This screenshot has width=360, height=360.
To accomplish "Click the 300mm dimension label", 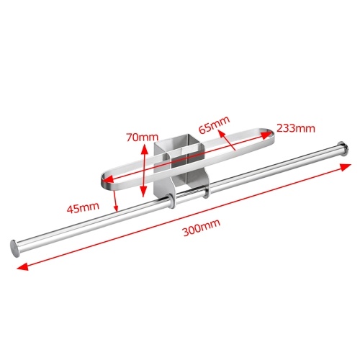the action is [202, 228].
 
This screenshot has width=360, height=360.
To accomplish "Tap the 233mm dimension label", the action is [296, 128].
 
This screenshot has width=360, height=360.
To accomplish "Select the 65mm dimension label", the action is [214, 125].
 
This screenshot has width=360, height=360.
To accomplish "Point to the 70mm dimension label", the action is [143, 138].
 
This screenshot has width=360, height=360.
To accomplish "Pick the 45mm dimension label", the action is [83, 207].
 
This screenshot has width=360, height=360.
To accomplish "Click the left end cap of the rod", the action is [15, 248].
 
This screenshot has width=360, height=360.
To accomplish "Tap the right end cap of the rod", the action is [343, 149].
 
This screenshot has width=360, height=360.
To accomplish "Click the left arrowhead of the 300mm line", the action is [22, 266].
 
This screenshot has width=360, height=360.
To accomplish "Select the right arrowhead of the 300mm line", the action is [346, 166].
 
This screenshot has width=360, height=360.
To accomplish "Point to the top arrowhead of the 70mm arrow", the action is [144, 150].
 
